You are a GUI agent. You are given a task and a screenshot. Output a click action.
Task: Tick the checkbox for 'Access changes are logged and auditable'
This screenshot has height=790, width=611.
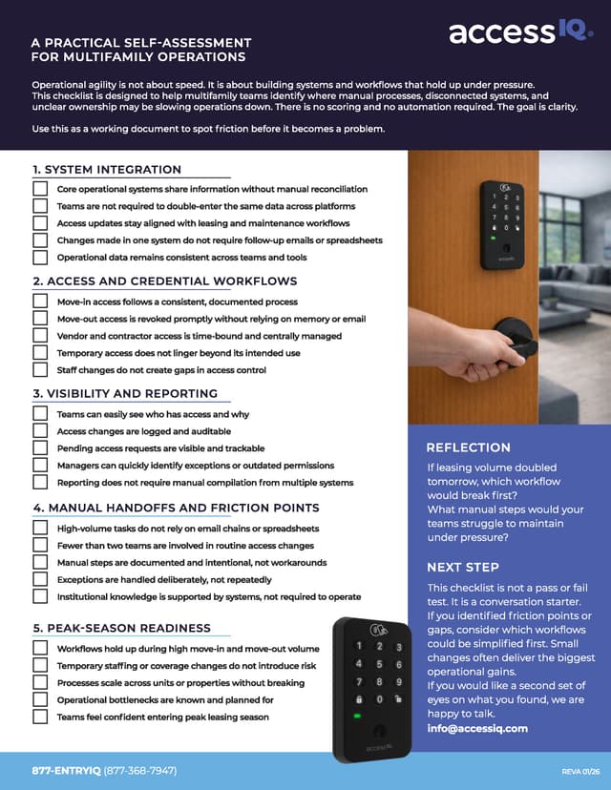[40, 430]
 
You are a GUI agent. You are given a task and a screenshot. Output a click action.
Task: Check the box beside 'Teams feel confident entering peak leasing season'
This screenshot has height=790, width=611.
[40, 717]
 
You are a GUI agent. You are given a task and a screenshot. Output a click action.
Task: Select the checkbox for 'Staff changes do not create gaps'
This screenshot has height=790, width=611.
[40, 369]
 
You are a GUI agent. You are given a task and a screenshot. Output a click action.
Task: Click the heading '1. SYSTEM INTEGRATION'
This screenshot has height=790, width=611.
[107, 170]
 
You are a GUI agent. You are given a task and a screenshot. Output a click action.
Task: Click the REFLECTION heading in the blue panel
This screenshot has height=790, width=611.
[468, 447]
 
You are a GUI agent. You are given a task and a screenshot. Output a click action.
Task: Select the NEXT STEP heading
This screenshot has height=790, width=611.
[462, 567]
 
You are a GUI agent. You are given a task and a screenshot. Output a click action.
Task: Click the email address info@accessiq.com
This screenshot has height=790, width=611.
[477, 728]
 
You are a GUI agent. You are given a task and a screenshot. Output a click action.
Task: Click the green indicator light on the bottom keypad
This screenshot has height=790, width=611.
[356, 716]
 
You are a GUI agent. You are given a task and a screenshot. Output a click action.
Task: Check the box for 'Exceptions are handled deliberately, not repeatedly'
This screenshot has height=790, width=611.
[40, 579]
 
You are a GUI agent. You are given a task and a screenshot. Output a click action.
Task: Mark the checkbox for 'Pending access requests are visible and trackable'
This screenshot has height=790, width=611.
[40, 447]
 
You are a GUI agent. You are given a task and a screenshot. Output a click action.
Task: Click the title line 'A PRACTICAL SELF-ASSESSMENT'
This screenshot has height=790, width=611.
[141, 43]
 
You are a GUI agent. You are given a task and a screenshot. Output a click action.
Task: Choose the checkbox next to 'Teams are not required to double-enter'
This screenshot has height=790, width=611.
[40, 205]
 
